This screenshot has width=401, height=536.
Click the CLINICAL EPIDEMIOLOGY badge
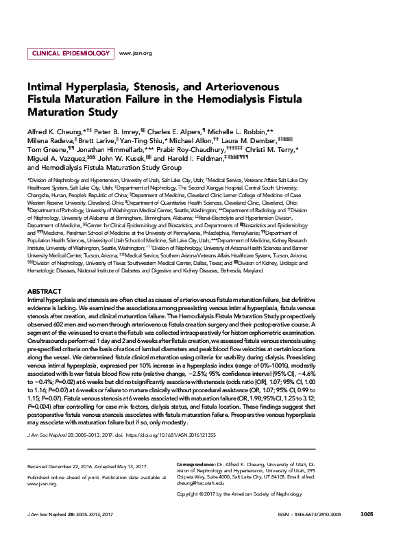(x=70, y=53)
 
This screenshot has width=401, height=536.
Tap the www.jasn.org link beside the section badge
(x=135, y=53)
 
